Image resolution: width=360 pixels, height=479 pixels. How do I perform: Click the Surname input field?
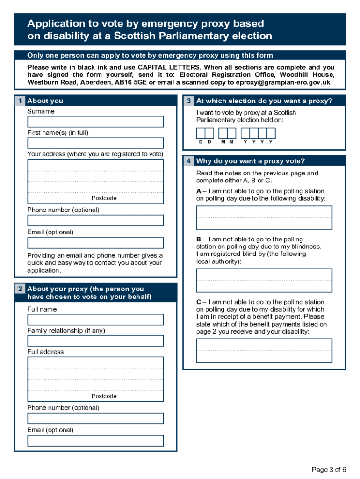point(95,122)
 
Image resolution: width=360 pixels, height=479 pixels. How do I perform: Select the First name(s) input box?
point(95,143)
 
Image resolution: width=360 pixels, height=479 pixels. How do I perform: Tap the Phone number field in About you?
point(95,220)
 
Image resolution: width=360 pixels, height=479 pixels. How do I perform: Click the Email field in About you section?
point(95,243)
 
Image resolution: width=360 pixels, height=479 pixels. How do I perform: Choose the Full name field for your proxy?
point(95,319)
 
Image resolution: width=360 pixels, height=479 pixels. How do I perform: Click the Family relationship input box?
point(95,341)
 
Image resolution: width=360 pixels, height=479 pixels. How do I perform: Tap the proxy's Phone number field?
point(95,418)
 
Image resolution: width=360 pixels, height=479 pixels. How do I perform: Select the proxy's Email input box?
point(95,441)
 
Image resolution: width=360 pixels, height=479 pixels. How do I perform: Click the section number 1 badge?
point(20,101)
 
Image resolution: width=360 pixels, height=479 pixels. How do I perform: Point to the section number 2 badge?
point(20,290)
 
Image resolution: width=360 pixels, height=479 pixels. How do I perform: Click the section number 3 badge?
point(188,101)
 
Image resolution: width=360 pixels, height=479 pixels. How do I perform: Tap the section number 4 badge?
point(188,161)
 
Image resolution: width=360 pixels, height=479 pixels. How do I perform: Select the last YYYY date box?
point(271,133)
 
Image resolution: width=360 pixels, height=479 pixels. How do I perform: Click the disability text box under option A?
point(264,218)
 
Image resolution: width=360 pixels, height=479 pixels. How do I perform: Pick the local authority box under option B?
point(264,280)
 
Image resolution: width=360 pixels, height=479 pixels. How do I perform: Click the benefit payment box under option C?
point(264,350)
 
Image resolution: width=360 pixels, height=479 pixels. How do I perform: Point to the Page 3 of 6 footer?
point(329,470)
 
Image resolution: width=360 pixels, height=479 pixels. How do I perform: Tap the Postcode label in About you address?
point(104,198)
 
